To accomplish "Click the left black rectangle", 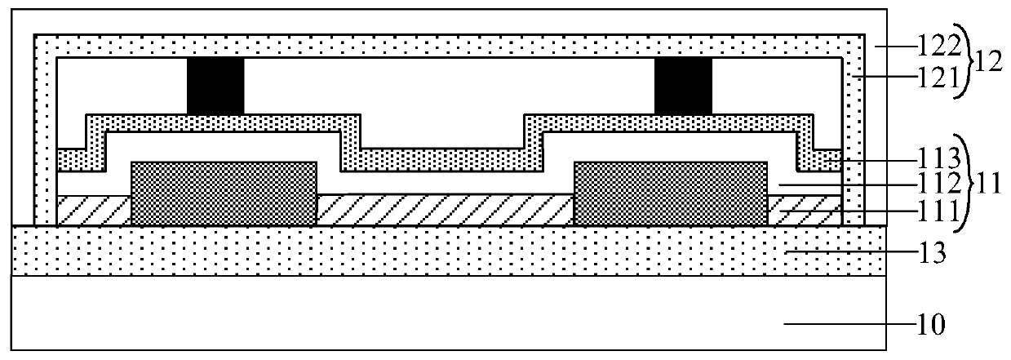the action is (215, 87).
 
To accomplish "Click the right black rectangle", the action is (683, 87).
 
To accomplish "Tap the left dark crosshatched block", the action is (224, 193).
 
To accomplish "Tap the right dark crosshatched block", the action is (671, 193).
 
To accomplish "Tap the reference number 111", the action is (911, 213).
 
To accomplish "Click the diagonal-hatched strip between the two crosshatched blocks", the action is (445, 210).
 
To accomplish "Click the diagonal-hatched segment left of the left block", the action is (94, 211).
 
